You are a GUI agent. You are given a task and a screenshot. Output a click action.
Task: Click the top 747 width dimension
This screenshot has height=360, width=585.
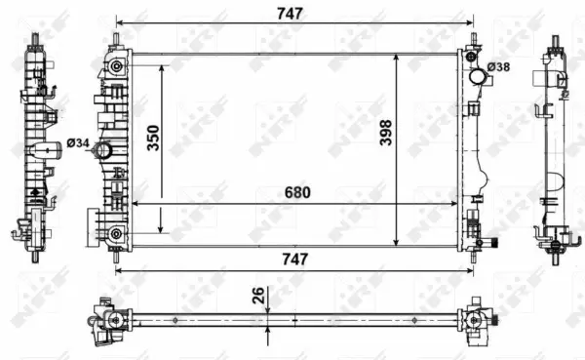292,13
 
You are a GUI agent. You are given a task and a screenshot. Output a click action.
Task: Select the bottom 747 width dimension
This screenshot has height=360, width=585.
294,260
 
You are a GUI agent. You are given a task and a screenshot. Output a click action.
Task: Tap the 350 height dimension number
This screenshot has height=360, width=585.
153,140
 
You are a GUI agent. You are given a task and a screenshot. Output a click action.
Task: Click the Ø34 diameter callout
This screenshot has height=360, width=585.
79,144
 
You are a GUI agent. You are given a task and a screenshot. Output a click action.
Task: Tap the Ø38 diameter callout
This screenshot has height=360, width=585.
497,66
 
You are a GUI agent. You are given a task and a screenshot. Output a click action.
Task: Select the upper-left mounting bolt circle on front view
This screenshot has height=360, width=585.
117,66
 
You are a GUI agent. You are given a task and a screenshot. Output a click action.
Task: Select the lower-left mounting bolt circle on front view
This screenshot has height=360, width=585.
117,232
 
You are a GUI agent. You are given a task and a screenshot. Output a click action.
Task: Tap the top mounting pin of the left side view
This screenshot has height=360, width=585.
37,40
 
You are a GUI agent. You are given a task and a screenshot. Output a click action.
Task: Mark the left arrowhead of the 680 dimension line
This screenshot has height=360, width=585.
136,203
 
